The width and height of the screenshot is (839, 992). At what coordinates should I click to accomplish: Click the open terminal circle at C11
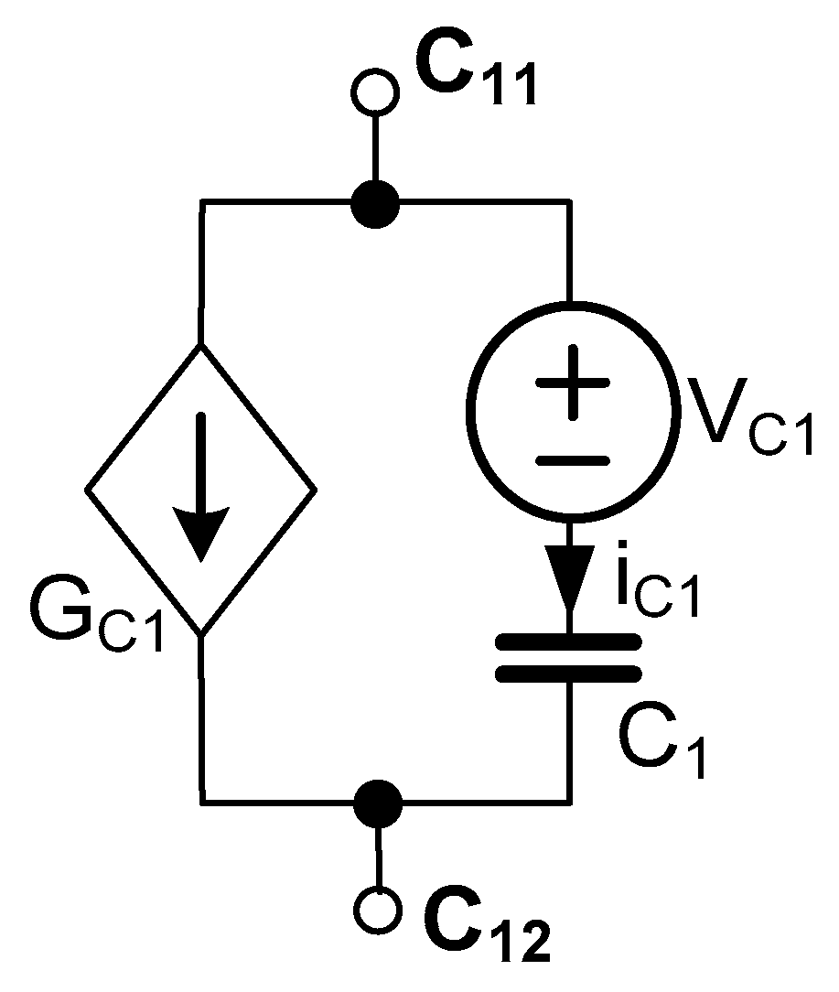(374, 92)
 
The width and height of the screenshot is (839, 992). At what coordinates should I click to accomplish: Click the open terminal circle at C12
(378, 911)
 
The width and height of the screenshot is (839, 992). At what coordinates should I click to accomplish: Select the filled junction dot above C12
(378, 803)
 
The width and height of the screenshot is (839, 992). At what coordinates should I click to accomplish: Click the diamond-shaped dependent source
(201, 490)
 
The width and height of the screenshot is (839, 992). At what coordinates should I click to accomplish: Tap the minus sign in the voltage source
(571, 460)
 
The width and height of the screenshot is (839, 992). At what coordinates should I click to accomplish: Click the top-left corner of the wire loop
(203, 202)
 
